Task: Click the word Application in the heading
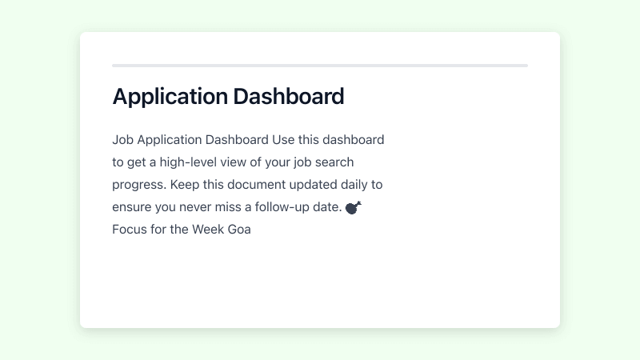(170, 97)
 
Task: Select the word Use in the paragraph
(283, 140)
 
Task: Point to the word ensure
(133, 207)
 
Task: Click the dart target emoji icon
(354, 207)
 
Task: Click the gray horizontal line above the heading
(320, 66)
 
